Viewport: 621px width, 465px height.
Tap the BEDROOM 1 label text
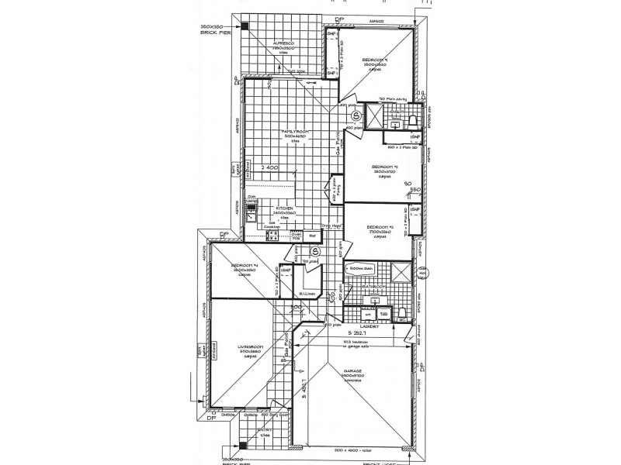pos(376,60)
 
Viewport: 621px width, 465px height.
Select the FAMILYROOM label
pos(295,133)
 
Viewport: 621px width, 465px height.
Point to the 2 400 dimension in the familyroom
pos(269,167)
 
